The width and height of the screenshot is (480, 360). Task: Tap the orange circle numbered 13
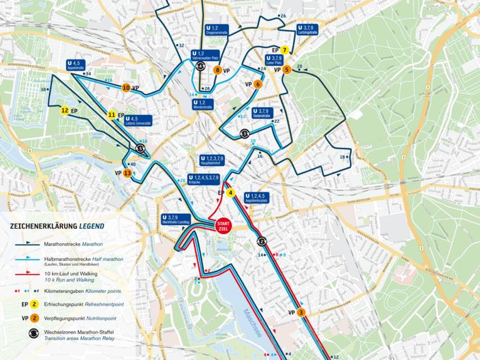pos(127,173)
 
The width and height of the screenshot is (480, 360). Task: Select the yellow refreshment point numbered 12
pos(65,110)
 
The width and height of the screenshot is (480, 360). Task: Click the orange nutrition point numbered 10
pos(126,88)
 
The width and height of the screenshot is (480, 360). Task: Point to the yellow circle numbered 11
pos(112,115)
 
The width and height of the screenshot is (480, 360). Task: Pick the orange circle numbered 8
pos(218,70)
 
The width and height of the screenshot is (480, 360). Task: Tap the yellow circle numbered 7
pos(285,50)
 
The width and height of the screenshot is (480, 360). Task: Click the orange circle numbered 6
pos(258,83)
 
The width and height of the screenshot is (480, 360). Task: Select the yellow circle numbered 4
pos(231,193)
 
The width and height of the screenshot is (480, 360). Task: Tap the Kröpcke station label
pos(203,180)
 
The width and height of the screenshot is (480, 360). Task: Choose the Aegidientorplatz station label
pos(258,198)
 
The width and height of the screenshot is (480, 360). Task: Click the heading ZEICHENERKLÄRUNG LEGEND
pos(56,226)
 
